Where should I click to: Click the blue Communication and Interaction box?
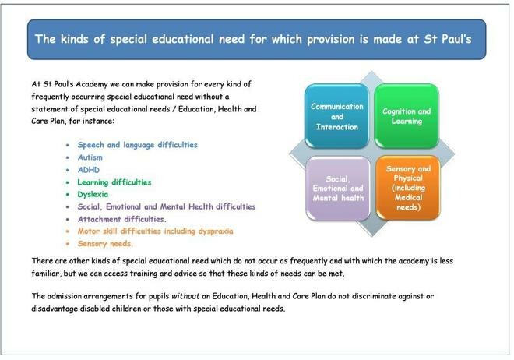[x=337, y=116]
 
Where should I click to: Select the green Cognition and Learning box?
[x=407, y=116]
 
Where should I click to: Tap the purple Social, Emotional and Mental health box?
[x=338, y=189]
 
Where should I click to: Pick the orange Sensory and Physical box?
[x=408, y=188]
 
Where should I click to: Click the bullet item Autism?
[x=90, y=157]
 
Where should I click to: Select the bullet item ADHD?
[x=89, y=170]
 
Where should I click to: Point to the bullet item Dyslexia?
[x=93, y=195]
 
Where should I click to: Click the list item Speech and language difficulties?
[x=137, y=145]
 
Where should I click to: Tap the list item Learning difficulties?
[x=114, y=182]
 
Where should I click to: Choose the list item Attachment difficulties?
[x=121, y=219]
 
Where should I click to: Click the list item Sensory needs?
[x=105, y=244]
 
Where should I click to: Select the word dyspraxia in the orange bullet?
[x=216, y=231]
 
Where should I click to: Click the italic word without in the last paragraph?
[x=185, y=296]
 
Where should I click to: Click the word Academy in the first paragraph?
[x=91, y=84]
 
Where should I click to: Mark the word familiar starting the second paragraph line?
[x=46, y=273]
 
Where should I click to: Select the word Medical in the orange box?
[x=408, y=197]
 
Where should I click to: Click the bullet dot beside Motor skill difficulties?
[x=68, y=231]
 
